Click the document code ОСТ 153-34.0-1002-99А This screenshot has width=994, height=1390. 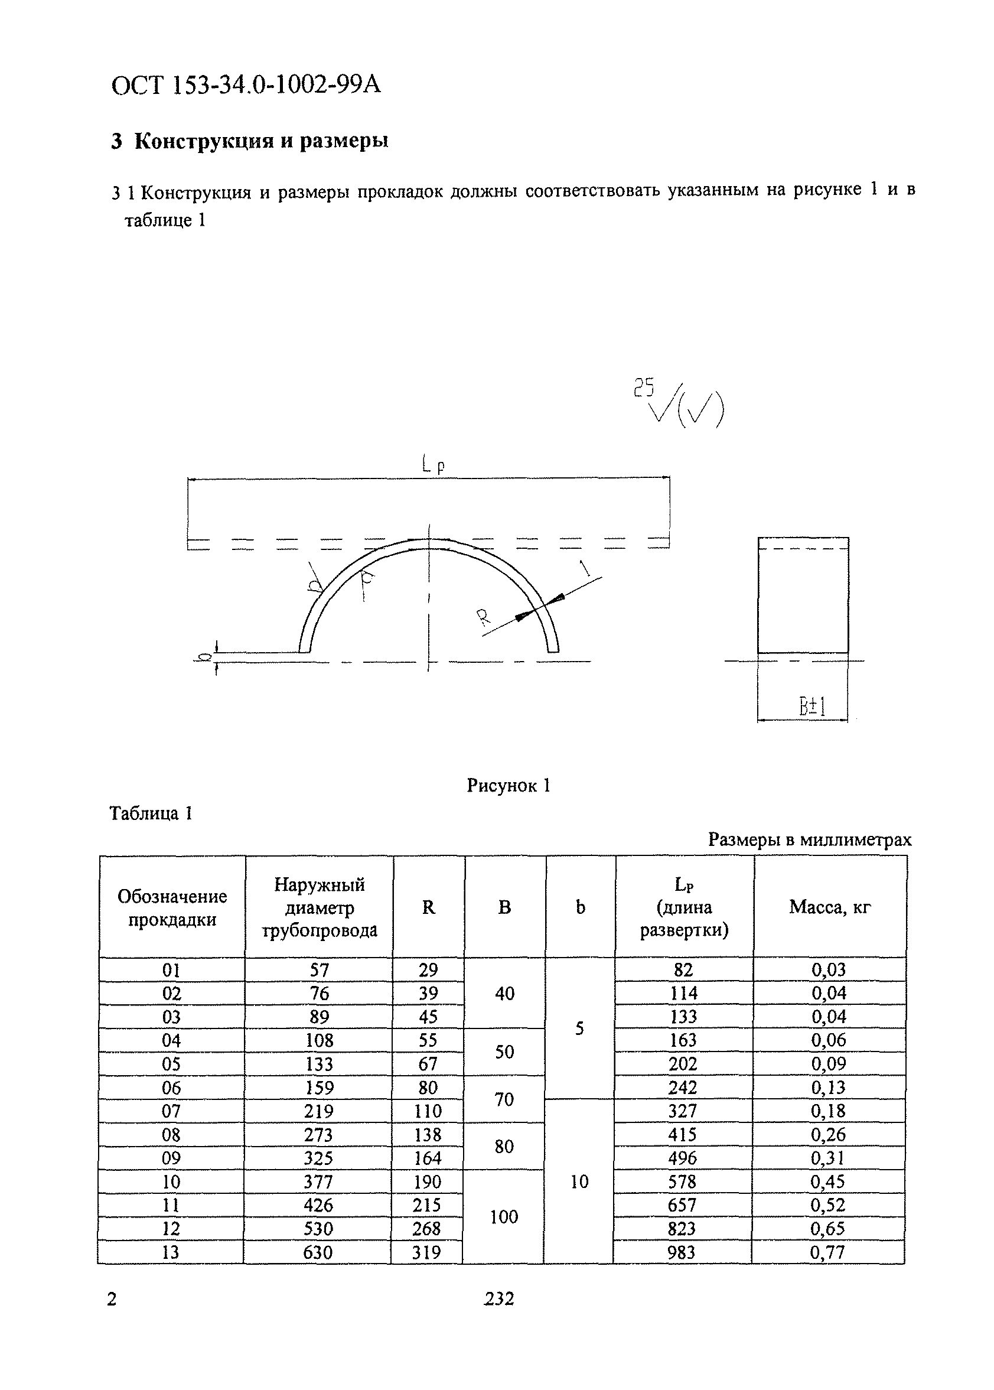click(246, 85)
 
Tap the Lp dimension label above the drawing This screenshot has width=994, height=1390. click(433, 465)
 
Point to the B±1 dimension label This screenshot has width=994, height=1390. click(812, 708)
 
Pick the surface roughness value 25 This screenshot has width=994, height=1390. click(643, 388)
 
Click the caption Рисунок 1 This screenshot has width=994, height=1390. click(508, 785)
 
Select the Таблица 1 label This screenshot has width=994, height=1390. click(151, 813)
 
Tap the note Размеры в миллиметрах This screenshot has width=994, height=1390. click(809, 839)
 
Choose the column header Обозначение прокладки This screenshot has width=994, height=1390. click(172, 908)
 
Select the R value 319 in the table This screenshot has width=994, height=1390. click(426, 1252)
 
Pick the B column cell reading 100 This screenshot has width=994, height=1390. click(504, 1217)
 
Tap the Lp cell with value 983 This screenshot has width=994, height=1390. click(682, 1252)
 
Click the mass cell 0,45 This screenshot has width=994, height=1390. click(828, 1182)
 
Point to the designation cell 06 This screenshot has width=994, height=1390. click(171, 1088)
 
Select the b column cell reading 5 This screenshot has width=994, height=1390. click(579, 1028)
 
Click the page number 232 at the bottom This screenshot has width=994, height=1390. click(499, 1299)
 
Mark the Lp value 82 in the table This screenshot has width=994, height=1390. click(683, 969)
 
